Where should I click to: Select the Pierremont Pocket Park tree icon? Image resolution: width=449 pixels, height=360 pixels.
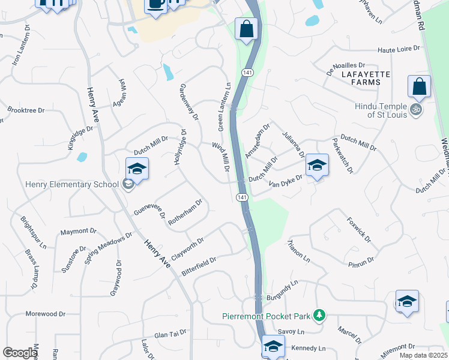point(320,315)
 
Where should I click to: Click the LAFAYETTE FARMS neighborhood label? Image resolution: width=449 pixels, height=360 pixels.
point(361,77)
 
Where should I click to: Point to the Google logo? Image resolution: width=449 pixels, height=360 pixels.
point(20,353)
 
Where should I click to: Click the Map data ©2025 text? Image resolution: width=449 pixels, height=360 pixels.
point(423,355)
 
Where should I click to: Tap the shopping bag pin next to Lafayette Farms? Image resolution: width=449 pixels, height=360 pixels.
point(419,87)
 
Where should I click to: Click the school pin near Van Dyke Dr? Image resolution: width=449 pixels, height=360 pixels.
point(316,166)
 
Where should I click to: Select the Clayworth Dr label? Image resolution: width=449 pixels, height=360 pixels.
point(188,247)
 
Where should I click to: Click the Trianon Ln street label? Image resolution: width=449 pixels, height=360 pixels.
point(298,251)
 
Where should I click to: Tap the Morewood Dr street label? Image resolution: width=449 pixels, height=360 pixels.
point(45,314)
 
